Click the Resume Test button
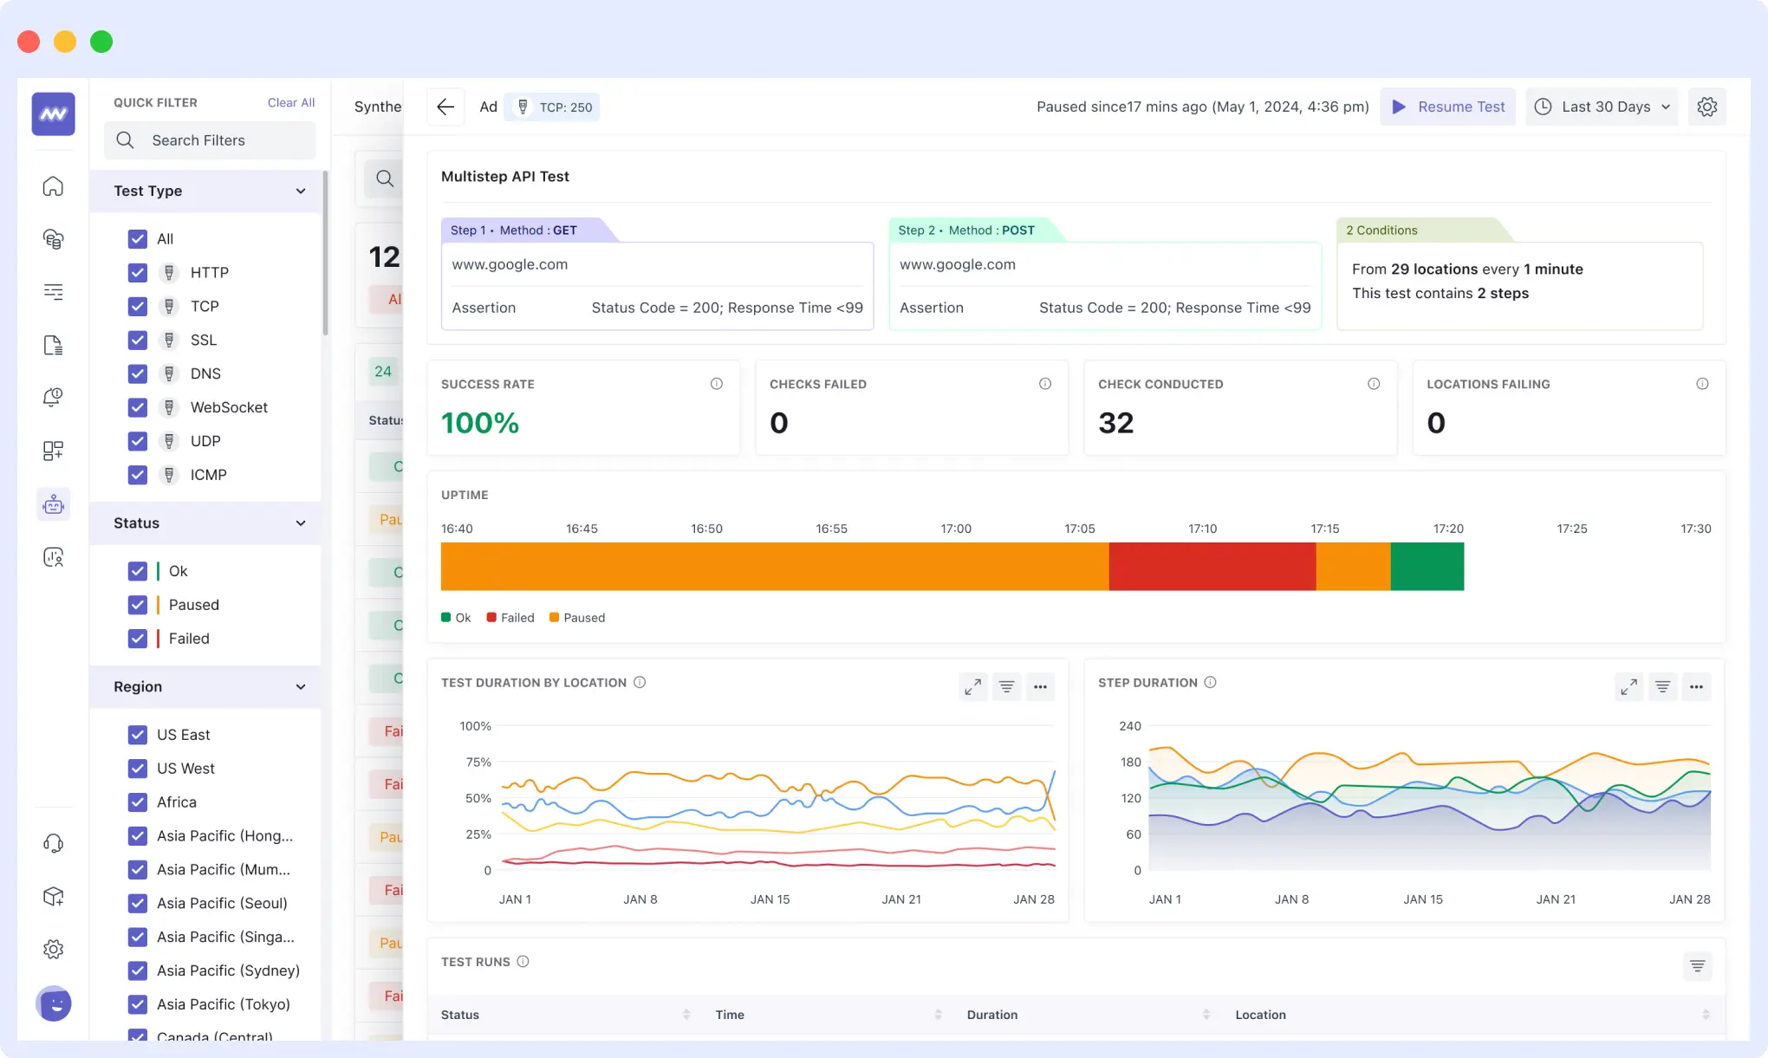[x=1447, y=107]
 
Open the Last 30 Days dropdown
[x=1602, y=107]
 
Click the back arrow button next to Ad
[x=445, y=107]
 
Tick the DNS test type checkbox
[x=138, y=373]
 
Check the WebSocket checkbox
[x=138, y=407]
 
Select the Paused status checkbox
[x=138, y=605]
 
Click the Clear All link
[x=290, y=102]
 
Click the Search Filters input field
[x=211, y=140]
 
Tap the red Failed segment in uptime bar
[x=1212, y=567]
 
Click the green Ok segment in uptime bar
[x=1427, y=567]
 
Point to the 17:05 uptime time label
[x=1080, y=529]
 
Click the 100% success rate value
[x=479, y=423]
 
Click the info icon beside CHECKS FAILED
[x=1045, y=384]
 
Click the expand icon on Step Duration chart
[x=1628, y=687]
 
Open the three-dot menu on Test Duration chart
[x=1040, y=687]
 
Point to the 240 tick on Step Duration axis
[x=1129, y=726]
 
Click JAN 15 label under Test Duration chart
[x=770, y=899]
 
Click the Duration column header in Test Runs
[x=992, y=1015]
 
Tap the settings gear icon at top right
[x=1706, y=107]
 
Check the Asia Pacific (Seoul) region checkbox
[x=138, y=903]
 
